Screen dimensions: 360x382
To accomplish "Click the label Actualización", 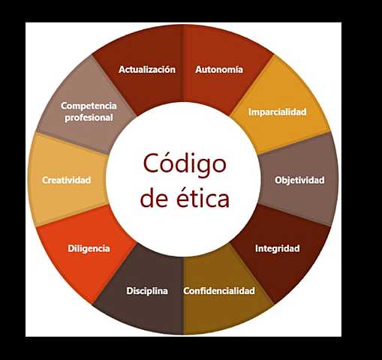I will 147,70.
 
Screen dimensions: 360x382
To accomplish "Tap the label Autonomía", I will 218,70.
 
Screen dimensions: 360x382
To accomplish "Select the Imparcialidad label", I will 278,112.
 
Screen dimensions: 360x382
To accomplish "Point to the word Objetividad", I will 299,181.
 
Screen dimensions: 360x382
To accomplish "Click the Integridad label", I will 277,248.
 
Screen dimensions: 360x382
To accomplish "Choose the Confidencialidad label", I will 219,291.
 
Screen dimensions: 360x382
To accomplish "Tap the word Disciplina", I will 147,291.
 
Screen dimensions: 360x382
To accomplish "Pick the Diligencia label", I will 89,248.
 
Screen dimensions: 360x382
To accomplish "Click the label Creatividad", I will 67,181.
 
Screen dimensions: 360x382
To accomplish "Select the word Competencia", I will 89,106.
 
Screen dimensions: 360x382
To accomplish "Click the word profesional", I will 89,118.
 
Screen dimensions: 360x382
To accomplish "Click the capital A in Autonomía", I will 199,70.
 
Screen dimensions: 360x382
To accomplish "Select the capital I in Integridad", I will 257,248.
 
